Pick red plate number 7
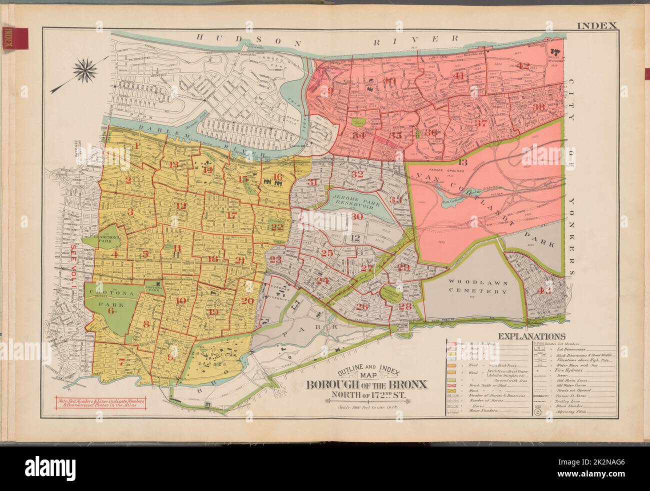[x=121, y=361]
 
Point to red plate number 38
[x=538, y=107]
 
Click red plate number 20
[x=247, y=301]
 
